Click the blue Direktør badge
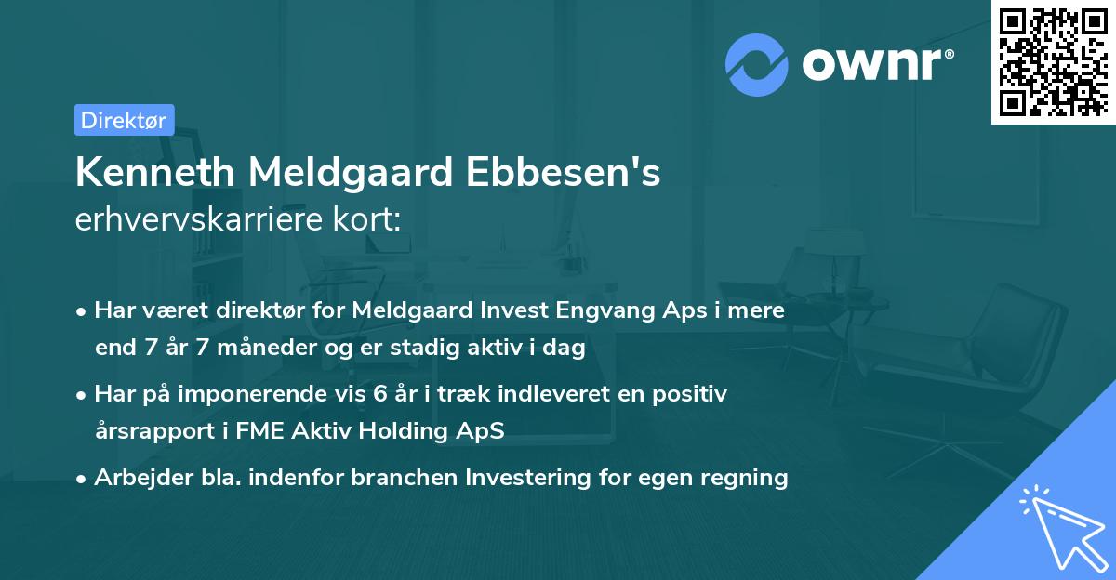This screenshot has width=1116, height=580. [124, 120]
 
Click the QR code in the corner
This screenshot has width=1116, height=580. [1053, 61]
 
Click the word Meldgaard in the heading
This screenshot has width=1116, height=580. [353, 172]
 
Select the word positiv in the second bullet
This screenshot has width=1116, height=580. [693, 394]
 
